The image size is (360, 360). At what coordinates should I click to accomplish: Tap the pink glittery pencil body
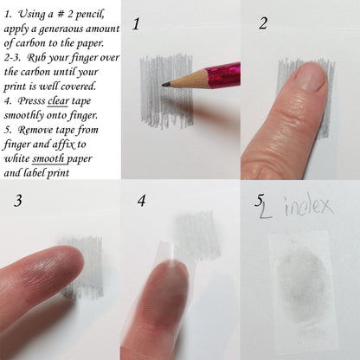222,76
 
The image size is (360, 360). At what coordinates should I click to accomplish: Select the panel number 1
136,24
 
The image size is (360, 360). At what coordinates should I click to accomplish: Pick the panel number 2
263,23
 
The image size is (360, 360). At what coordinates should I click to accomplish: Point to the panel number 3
18,201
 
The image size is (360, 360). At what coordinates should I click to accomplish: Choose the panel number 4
141,201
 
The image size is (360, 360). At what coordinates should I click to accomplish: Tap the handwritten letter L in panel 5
266,210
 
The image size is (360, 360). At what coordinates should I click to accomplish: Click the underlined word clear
58,101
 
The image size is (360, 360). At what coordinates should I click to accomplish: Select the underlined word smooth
48,158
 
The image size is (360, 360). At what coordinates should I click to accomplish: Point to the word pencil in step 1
90,15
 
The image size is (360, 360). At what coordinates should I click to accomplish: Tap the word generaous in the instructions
61,29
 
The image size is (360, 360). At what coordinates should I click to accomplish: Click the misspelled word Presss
31,101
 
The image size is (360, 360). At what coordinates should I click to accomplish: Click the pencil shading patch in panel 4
196,235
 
